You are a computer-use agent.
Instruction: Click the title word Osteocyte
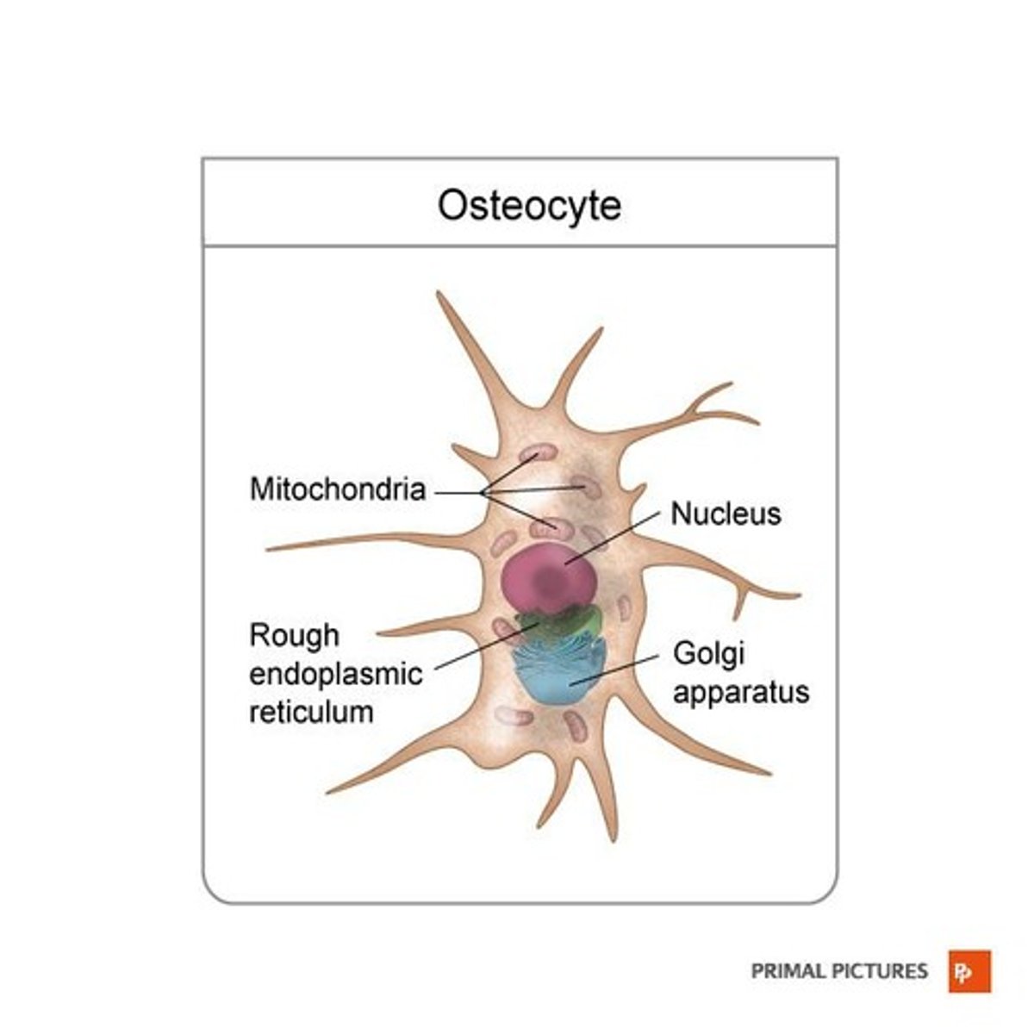pos(529,206)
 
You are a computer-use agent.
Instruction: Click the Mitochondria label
pos(338,489)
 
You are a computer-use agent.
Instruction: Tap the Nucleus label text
pos(726,514)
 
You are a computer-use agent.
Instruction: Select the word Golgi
pos(708,653)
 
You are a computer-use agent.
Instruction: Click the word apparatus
pos(741,692)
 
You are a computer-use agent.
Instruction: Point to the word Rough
pos(294,636)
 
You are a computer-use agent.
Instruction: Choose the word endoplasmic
pos(336,674)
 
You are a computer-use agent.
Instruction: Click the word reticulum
pos(311,712)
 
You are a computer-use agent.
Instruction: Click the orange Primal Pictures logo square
pos(969,971)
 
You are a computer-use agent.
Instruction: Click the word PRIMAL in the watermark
pos(788,972)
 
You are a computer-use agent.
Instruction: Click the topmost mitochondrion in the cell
pos(539,453)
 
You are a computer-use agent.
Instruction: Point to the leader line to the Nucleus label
pos(616,539)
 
